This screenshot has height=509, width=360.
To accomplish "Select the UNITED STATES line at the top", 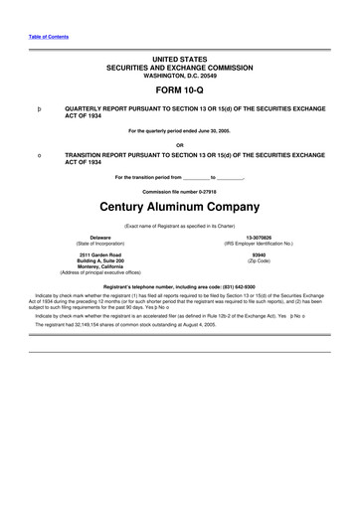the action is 180,61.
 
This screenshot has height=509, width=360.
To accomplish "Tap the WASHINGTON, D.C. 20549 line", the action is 180,76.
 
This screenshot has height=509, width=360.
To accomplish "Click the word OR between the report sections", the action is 180,143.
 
